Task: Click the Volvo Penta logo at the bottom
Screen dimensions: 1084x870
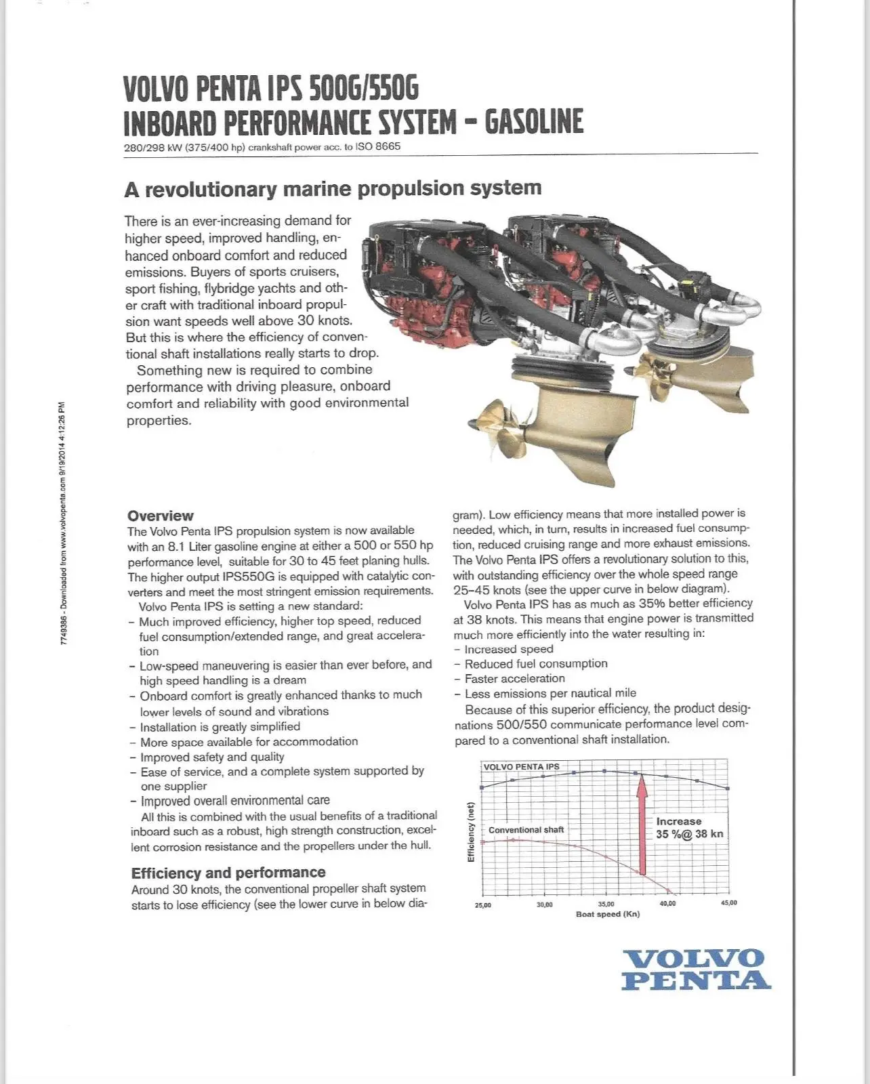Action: click(x=695, y=970)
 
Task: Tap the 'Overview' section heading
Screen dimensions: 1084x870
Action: click(x=160, y=516)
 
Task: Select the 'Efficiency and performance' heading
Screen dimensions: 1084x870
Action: click(x=228, y=873)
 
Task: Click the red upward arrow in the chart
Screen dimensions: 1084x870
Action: click(x=642, y=827)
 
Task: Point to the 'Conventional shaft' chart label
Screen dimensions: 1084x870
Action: click(x=526, y=830)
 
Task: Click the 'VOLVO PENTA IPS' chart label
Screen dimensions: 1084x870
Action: click(x=521, y=767)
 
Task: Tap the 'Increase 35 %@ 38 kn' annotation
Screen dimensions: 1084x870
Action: click(x=689, y=828)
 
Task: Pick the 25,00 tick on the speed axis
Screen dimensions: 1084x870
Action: click(x=483, y=905)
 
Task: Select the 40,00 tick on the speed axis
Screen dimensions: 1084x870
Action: click(x=667, y=904)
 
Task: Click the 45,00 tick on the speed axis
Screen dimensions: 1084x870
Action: click(x=728, y=903)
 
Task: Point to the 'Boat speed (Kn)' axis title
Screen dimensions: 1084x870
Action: click(x=608, y=915)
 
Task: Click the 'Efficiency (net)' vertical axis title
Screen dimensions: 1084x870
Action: click(x=471, y=832)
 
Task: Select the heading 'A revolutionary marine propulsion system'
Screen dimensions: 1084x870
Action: click(x=333, y=188)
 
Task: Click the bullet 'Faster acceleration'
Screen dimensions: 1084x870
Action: click(x=514, y=679)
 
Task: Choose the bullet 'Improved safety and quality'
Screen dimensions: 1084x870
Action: click(x=212, y=757)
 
